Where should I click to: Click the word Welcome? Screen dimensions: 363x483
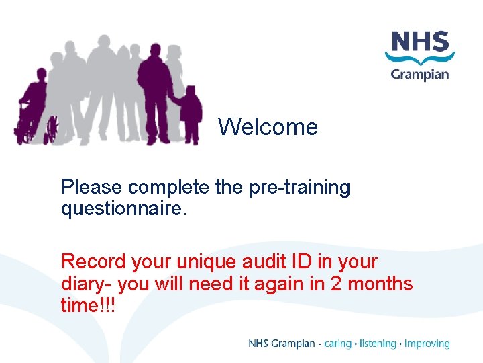tap(268, 126)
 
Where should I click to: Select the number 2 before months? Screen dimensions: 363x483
tap(337, 284)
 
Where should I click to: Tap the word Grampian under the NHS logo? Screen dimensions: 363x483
tap(419, 73)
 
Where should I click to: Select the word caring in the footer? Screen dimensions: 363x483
tap(337, 344)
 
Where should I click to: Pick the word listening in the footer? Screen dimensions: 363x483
tap(378, 344)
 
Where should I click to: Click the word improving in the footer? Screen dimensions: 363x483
tap(427, 344)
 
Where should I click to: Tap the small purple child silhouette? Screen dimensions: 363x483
tap(192, 114)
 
